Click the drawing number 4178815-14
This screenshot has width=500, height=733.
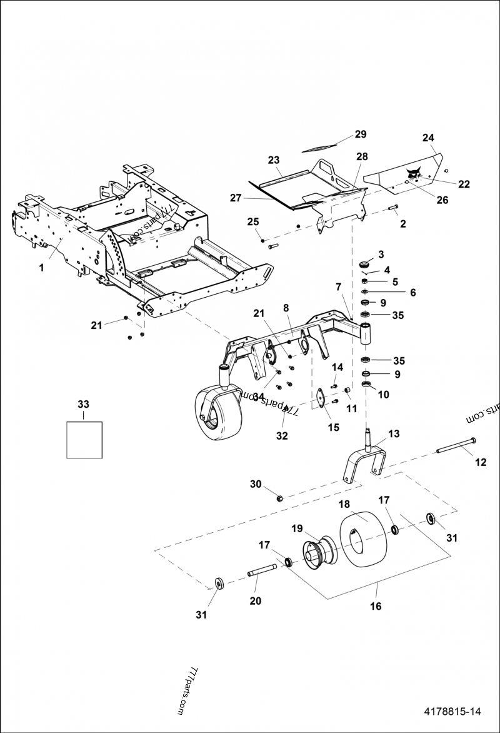click(x=452, y=711)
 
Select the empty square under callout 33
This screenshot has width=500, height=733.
click(x=84, y=440)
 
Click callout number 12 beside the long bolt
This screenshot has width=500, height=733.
click(x=481, y=462)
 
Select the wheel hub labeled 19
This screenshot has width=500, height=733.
click(x=319, y=551)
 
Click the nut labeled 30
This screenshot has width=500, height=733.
click(x=281, y=498)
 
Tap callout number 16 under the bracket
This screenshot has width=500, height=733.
click(x=375, y=606)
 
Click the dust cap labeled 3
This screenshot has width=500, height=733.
click(x=363, y=264)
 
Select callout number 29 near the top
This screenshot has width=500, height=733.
click(x=361, y=134)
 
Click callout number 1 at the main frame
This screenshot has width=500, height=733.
click(x=41, y=267)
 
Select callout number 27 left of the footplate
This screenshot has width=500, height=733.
click(x=235, y=197)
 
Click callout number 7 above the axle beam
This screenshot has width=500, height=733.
click(x=338, y=286)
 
